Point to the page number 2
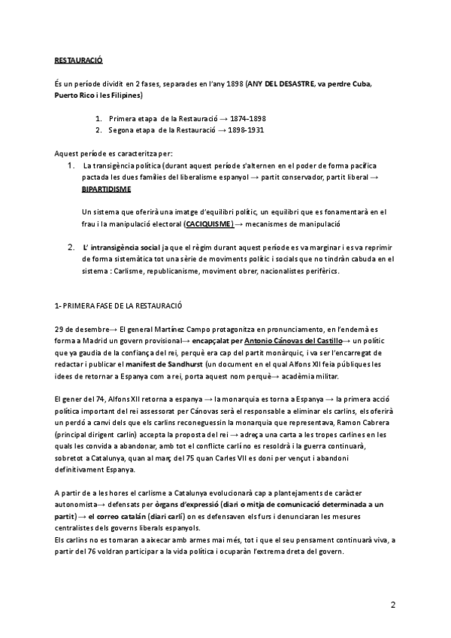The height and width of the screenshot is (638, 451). pyautogui.click(x=393, y=604)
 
